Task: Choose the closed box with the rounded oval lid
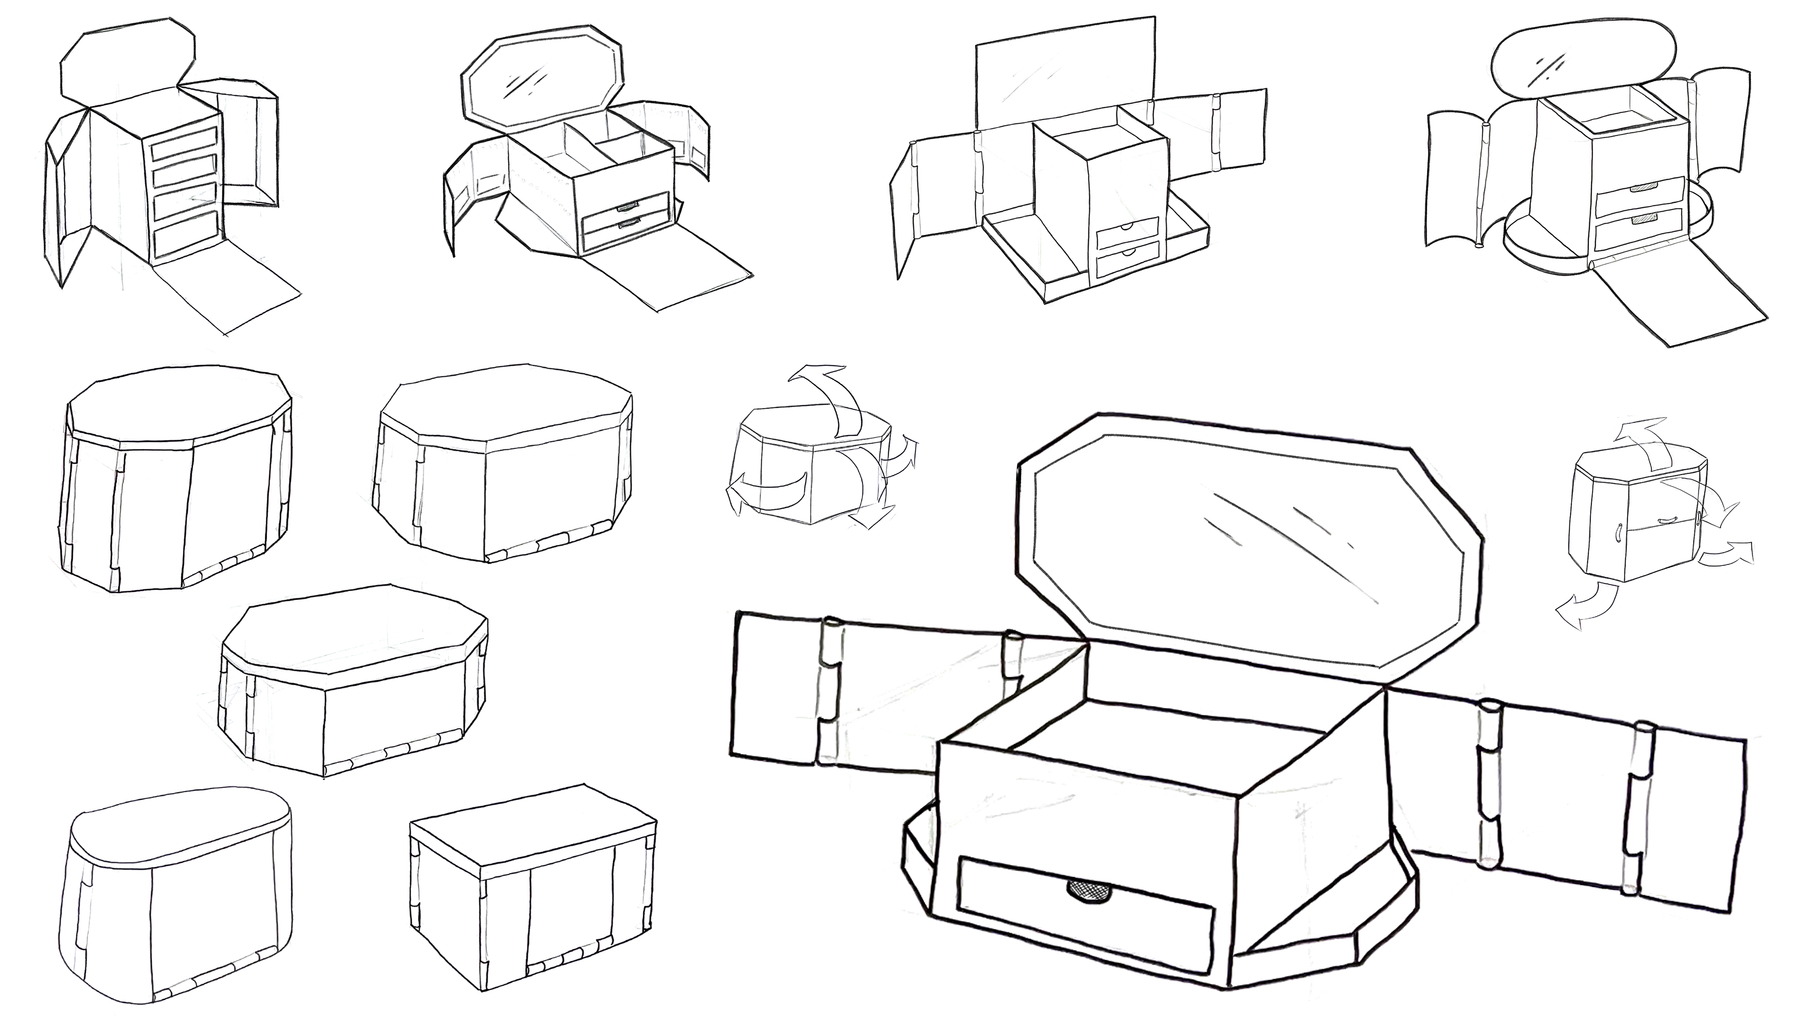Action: click(180, 897)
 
